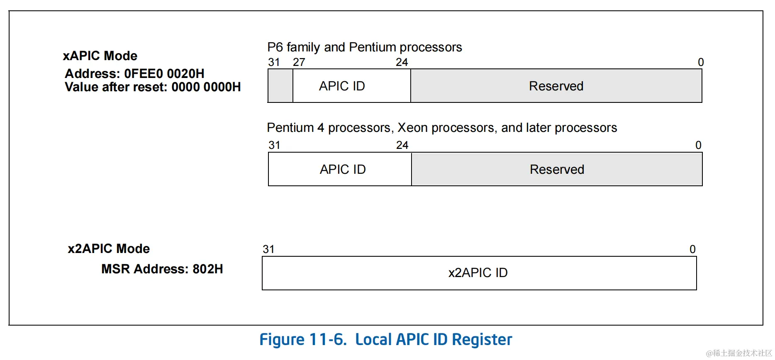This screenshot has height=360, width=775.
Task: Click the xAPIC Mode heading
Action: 100,56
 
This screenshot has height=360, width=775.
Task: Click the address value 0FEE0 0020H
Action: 164,73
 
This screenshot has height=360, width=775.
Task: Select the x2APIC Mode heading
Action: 109,248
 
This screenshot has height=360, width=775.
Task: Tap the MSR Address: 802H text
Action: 162,269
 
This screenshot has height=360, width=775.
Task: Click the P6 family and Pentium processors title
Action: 364,47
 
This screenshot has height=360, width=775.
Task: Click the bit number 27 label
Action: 299,62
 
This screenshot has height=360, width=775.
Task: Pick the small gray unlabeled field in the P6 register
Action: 280,86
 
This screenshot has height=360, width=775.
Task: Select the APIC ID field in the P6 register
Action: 342,86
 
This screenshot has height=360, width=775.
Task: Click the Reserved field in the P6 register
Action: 556,86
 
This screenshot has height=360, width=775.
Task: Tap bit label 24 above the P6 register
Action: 402,62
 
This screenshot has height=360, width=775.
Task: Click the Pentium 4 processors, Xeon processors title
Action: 442,128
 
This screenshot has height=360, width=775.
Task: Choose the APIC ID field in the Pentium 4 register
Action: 343,169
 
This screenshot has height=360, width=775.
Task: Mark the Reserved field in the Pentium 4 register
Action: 557,169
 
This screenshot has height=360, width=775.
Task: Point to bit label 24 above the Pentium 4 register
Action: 402,145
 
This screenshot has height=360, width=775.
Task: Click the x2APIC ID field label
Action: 478,272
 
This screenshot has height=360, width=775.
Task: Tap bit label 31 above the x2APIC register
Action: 268,249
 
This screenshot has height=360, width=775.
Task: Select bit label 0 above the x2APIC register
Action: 692,249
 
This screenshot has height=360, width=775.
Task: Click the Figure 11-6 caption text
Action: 385,339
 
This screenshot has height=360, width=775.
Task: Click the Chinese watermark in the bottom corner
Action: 739,353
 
